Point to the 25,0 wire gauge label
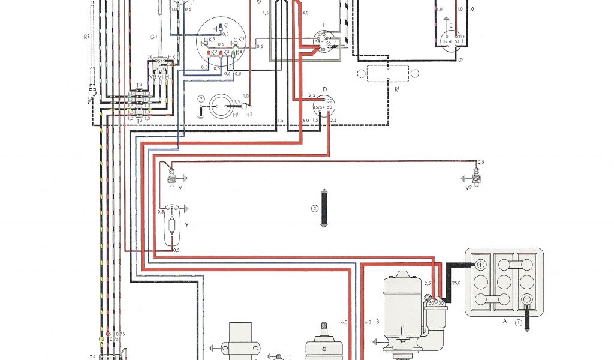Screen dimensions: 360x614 456,283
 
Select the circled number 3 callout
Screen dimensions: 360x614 314,209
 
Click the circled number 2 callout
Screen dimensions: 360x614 202,98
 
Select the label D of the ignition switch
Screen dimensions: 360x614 324,89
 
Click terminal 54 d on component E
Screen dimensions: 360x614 447,41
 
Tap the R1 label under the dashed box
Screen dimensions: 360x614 396,89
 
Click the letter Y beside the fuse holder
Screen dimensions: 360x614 187,226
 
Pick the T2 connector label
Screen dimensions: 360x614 139,121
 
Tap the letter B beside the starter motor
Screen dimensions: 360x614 377,322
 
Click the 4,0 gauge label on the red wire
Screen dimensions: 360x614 306,13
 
